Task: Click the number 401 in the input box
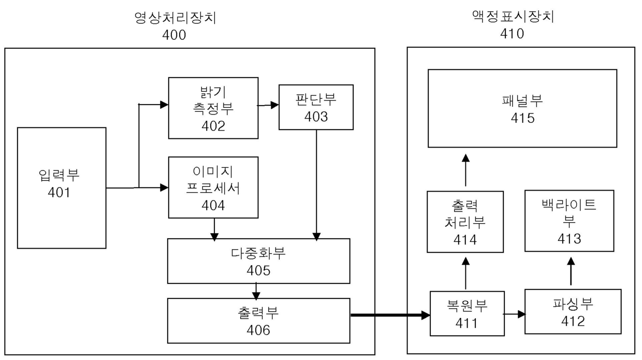pyautogui.click(x=59, y=193)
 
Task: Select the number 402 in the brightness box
pyautogui.click(x=213, y=126)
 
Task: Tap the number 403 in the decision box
pyautogui.click(x=316, y=117)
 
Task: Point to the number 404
pyautogui.click(x=213, y=206)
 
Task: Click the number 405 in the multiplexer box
pyautogui.click(x=258, y=270)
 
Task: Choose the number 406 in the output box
pyautogui.click(x=258, y=330)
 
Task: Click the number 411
pyautogui.click(x=466, y=323)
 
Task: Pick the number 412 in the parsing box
pyautogui.click(x=573, y=321)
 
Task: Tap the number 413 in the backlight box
pyautogui.click(x=569, y=239)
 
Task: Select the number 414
pyautogui.click(x=465, y=240)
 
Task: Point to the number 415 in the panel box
pyautogui.click(x=522, y=118)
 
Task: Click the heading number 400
pyautogui.click(x=174, y=35)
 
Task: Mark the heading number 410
pyautogui.click(x=512, y=34)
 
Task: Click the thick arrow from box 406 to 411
pyautogui.click(x=390, y=315)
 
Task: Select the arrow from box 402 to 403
pyautogui.click(x=268, y=105)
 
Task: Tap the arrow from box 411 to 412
pyautogui.click(x=515, y=314)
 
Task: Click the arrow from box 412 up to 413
pyautogui.click(x=571, y=271)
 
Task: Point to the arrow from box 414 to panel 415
pyautogui.click(x=466, y=170)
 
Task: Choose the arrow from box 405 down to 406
pyautogui.click(x=256, y=291)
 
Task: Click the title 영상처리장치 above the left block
pyautogui.click(x=175, y=18)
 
